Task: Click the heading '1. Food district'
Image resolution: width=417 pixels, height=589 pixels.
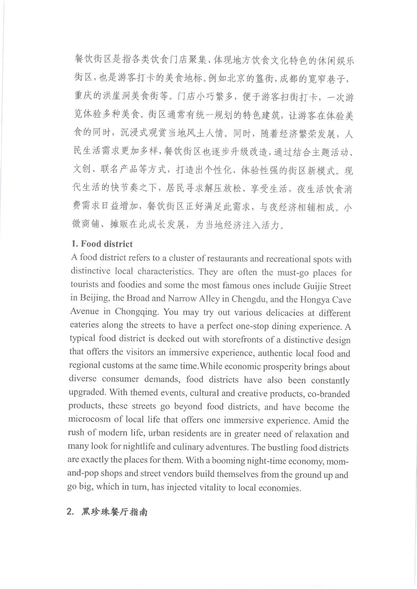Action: click(x=102, y=244)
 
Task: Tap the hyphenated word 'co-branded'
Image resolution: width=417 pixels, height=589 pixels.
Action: click(x=329, y=394)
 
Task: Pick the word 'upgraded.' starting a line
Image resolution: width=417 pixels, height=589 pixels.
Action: click(x=87, y=392)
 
